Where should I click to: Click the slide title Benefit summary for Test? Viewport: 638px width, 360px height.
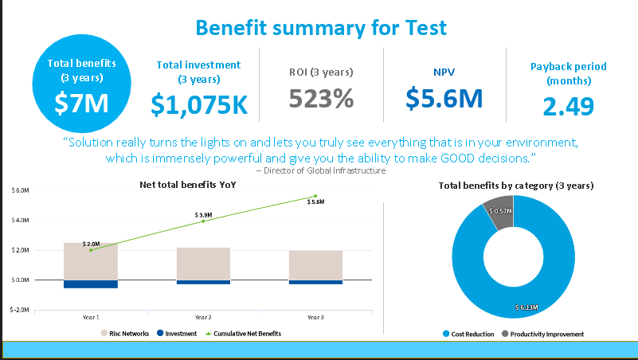click(x=321, y=28)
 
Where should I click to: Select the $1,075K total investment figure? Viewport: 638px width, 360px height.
click(x=199, y=104)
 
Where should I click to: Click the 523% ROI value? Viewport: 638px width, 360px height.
click(x=321, y=99)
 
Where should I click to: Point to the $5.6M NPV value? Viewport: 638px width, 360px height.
click(x=444, y=97)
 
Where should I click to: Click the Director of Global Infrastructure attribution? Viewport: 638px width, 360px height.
click(x=321, y=170)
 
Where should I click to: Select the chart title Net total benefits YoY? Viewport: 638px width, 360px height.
click(x=188, y=185)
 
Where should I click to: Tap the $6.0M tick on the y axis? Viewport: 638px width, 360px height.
click(x=21, y=191)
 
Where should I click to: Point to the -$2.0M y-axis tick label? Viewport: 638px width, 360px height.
click(x=20, y=310)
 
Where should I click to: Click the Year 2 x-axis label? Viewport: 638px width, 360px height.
click(x=203, y=317)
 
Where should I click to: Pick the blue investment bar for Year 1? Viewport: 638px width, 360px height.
click(x=91, y=284)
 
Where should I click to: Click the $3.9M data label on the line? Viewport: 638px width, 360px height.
click(x=203, y=215)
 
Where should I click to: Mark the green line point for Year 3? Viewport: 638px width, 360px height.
click(x=315, y=196)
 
